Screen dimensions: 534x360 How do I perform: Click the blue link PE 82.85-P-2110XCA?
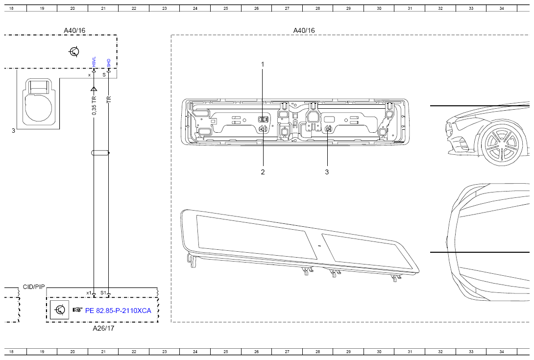[x=118, y=311]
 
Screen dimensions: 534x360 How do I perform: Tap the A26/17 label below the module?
[x=103, y=328]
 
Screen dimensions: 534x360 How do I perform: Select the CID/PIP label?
[x=34, y=287]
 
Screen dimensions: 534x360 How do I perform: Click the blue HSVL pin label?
[x=94, y=62]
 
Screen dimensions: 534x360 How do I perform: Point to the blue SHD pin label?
[x=109, y=63]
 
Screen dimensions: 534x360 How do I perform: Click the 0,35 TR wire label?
[x=95, y=105]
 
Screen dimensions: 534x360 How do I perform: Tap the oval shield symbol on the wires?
[x=100, y=153]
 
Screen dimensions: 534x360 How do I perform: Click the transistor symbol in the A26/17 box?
[x=60, y=310]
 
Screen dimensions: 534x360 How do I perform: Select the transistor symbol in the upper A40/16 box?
[x=74, y=51]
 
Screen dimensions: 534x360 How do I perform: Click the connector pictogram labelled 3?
[x=37, y=102]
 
